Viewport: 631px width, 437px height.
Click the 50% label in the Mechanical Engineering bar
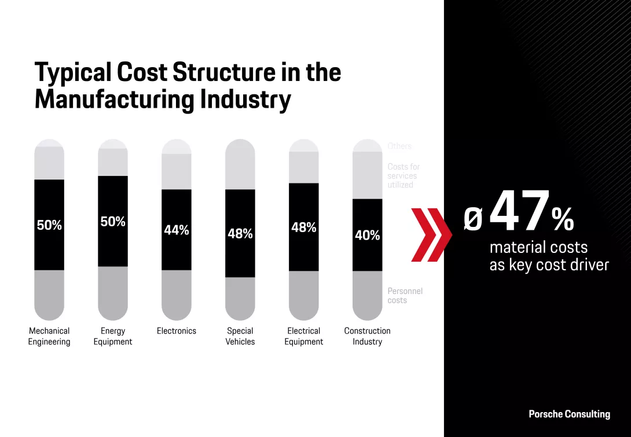(x=49, y=226)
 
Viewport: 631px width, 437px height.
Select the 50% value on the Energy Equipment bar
(x=113, y=222)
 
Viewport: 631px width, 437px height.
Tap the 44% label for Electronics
(x=177, y=230)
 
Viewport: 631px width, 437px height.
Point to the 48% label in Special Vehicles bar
(x=240, y=234)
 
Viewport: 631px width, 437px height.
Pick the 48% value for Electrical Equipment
(x=304, y=227)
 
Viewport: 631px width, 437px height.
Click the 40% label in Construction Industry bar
(x=368, y=236)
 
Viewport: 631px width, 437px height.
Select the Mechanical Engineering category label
(x=49, y=336)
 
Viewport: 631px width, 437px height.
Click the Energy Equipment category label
(x=113, y=336)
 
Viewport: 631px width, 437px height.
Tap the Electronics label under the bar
(x=177, y=331)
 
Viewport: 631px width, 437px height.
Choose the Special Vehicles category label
(x=240, y=336)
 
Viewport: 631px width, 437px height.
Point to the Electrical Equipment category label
(x=304, y=336)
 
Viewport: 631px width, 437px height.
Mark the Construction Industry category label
(x=368, y=336)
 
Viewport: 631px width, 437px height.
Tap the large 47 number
(x=519, y=212)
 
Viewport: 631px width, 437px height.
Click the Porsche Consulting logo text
(x=569, y=414)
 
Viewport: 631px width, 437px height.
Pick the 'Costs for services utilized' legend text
(x=403, y=175)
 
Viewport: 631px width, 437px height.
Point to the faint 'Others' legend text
(x=399, y=146)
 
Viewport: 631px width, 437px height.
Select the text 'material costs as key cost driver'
(x=549, y=256)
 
